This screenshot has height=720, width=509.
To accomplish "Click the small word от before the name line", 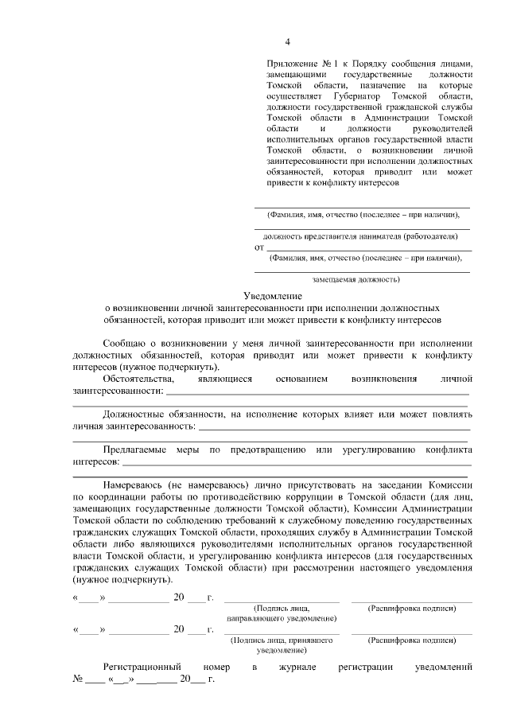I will tap(259, 247).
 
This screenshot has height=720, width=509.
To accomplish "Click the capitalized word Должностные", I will tap(135, 414).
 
